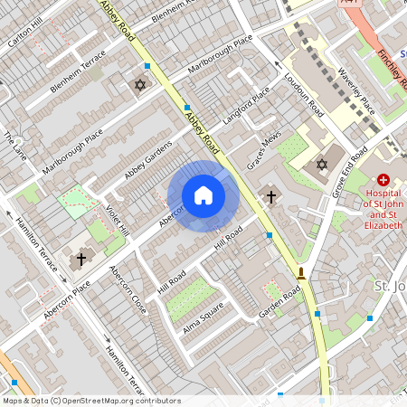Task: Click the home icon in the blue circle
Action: tap(203, 195)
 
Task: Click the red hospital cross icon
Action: tap(383, 181)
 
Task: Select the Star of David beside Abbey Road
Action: tap(139, 85)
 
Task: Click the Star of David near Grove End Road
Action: tap(321, 165)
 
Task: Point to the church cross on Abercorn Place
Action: tap(80, 259)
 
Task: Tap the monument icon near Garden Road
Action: tap(300, 272)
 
